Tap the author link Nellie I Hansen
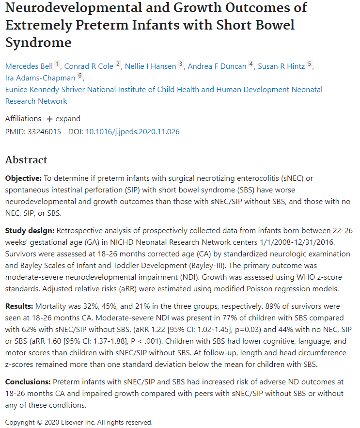(x=150, y=66)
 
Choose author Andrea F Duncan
(x=217, y=66)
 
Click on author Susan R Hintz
(x=281, y=66)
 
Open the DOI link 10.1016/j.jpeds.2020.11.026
(x=132, y=131)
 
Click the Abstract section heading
(x=26, y=160)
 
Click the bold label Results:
(x=19, y=306)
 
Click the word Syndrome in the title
(x=38, y=42)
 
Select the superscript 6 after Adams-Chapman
(x=80, y=76)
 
